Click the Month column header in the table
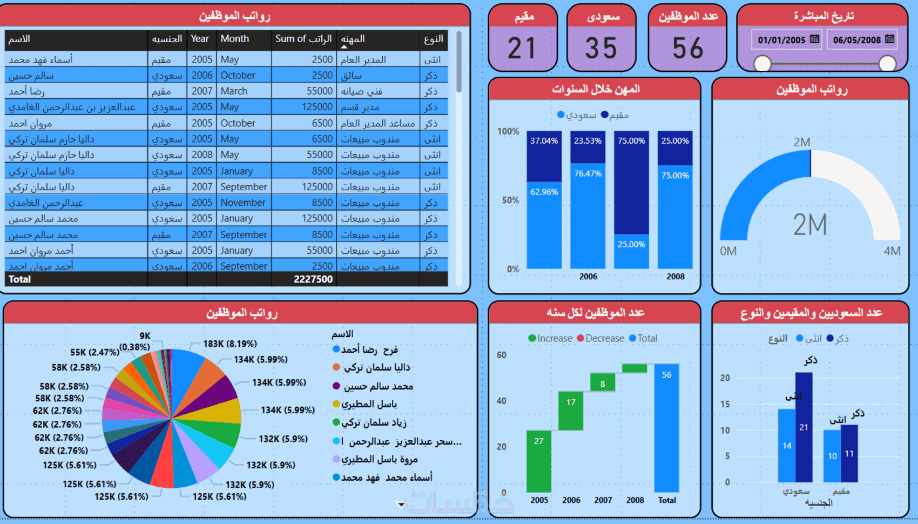point(234,39)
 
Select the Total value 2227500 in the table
point(313,279)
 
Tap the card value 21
point(522,49)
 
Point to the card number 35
point(601,49)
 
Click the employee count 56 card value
point(687,49)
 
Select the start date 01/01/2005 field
point(781,40)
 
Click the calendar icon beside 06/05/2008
point(890,39)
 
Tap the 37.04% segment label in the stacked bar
point(544,141)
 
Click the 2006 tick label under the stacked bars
point(588,277)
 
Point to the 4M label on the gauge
point(892,251)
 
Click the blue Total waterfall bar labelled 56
point(666,427)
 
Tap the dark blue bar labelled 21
point(804,427)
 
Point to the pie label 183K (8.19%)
point(230,344)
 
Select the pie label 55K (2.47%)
point(94,352)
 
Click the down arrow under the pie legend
point(401,505)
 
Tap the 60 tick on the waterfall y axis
point(502,355)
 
